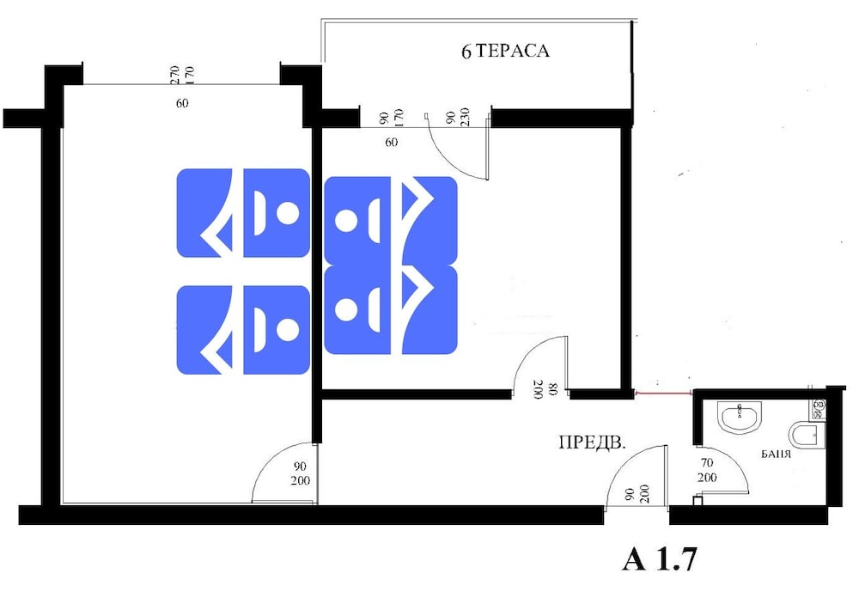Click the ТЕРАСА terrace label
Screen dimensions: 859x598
pos(512,51)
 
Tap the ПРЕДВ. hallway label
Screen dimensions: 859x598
pos(592,442)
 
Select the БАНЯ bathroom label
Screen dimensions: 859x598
pos(777,454)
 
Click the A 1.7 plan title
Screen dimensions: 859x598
pos(660,559)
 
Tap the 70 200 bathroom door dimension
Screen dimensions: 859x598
pos(707,471)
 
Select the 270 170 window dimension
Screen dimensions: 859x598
pos(182,75)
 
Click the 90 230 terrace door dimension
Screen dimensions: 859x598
pos(458,117)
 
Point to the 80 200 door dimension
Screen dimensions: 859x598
pos(545,389)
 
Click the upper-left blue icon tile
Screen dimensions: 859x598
pos(243,213)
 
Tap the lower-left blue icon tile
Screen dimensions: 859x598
pos(243,330)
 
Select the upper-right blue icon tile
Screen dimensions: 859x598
pos(391,220)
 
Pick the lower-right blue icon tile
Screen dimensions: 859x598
pos(391,309)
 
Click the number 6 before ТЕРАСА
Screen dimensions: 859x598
pos(466,52)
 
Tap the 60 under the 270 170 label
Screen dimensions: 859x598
pos(182,103)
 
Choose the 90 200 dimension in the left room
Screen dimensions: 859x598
pos(300,473)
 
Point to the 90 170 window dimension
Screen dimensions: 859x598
pos(391,118)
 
